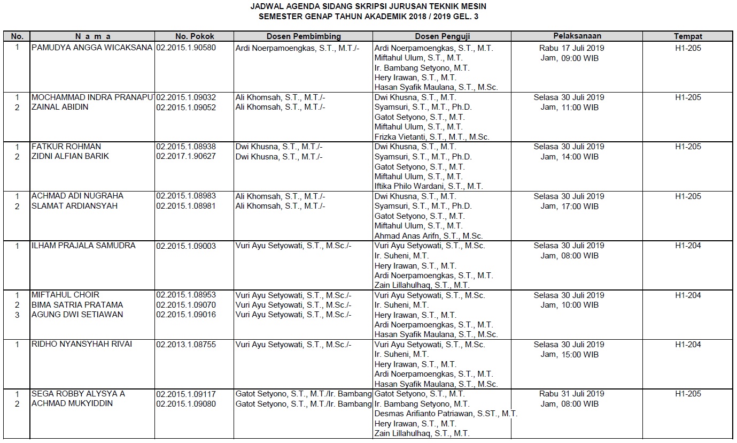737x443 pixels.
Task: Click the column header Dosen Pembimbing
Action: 304,36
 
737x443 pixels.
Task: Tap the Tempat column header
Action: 688,36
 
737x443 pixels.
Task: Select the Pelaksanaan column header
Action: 577,36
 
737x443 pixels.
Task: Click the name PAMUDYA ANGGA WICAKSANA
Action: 92,48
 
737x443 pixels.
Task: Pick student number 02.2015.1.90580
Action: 186,48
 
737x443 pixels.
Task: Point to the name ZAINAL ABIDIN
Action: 60,107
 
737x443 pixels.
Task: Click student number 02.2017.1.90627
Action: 186,156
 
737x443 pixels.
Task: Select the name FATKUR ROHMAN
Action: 66,147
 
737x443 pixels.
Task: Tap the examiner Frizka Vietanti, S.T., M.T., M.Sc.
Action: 432,137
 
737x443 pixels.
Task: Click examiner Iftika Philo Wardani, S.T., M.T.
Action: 429,186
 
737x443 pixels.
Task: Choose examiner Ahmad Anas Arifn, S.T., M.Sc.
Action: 429,236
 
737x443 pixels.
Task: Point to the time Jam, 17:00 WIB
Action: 569,206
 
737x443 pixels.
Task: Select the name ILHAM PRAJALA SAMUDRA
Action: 83,246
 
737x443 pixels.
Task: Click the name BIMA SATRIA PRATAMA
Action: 77,305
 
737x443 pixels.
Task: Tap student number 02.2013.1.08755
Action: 186,345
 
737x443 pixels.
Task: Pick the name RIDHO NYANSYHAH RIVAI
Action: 82,345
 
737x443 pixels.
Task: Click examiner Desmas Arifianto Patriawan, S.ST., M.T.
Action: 446,414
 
